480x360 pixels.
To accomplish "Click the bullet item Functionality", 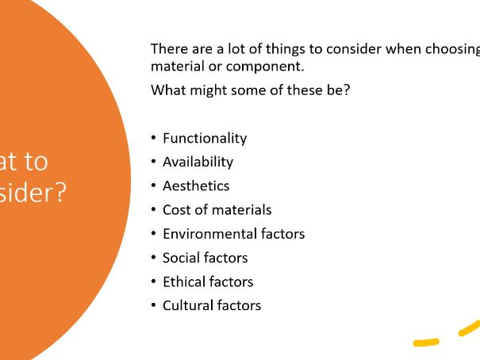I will tap(205, 138).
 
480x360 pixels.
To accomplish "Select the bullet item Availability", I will tap(198, 162).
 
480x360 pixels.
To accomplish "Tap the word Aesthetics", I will tap(196, 186).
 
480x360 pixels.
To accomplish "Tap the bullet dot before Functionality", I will tap(153, 138).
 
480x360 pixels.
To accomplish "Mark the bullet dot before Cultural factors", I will tap(153, 305).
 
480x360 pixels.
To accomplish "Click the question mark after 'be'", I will tap(346, 90).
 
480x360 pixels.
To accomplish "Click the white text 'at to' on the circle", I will tap(25, 161).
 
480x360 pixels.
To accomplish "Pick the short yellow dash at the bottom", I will tap(426, 343).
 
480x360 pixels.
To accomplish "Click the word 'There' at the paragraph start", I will tap(169, 49).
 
